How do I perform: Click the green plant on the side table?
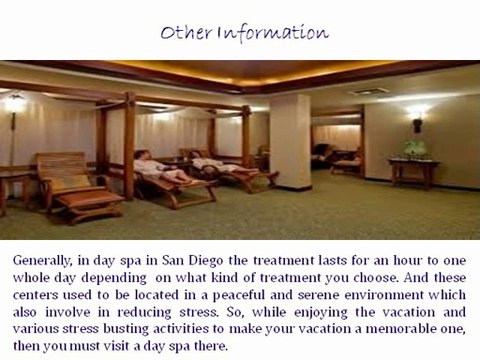click(x=414, y=147)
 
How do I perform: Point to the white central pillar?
click(x=290, y=140)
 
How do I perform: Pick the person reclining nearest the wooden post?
click(x=155, y=165)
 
